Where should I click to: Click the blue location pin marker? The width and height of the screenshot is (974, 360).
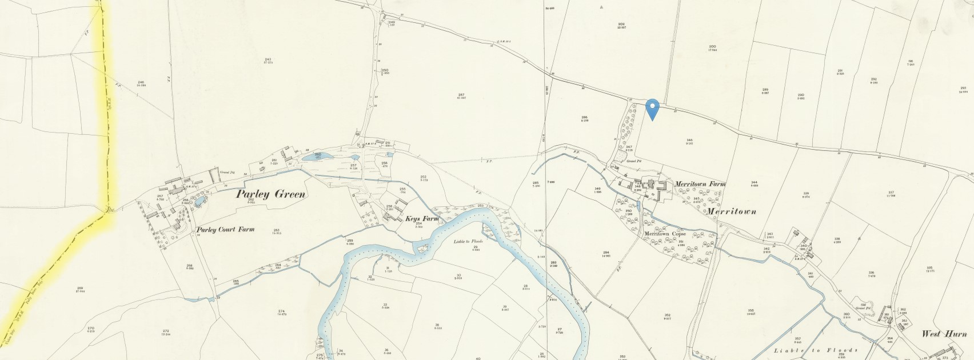[x=652, y=108]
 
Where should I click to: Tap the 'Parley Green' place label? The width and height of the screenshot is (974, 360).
[x=271, y=194]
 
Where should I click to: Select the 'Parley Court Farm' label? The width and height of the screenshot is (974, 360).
[x=225, y=230]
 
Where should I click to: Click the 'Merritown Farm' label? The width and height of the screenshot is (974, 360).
[x=700, y=185]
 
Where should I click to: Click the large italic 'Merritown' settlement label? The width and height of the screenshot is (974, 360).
[x=732, y=211]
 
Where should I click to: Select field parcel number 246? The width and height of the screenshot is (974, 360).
[x=142, y=83]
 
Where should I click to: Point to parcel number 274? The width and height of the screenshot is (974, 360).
[x=281, y=311]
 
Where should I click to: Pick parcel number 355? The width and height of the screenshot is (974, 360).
[x=751, y=311]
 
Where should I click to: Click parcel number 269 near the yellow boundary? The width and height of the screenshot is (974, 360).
[x=80, y=288]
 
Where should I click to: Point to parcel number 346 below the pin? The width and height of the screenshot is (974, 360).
[x=689, y=140]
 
